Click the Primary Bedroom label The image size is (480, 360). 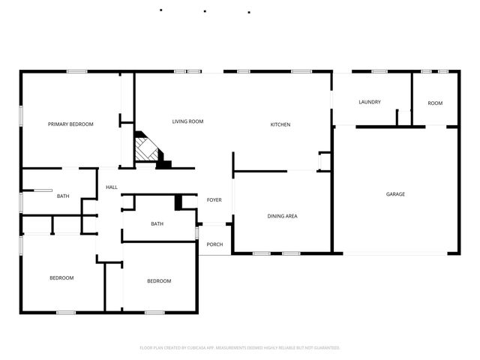(70, 124)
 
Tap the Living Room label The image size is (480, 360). (187, 121)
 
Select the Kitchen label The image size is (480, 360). (280, 124)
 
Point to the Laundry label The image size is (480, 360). (370, 102)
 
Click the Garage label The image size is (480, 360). (395, 194)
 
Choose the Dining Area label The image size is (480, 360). (283, 216)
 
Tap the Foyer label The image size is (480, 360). (214, 199)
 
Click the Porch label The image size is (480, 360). (214, 244)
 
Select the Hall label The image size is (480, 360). (111, 187)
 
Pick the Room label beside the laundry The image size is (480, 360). (435, 103)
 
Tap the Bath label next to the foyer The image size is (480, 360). (157, 223)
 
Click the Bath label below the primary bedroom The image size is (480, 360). (63, 196)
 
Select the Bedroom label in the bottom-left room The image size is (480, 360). (61, 278)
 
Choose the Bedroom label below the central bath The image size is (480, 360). (158, 281)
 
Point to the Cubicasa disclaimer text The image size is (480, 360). (240, 348)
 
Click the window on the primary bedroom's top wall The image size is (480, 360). (76, 71)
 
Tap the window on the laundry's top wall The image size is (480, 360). (379, 71)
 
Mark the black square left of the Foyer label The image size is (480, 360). (178, 202)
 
